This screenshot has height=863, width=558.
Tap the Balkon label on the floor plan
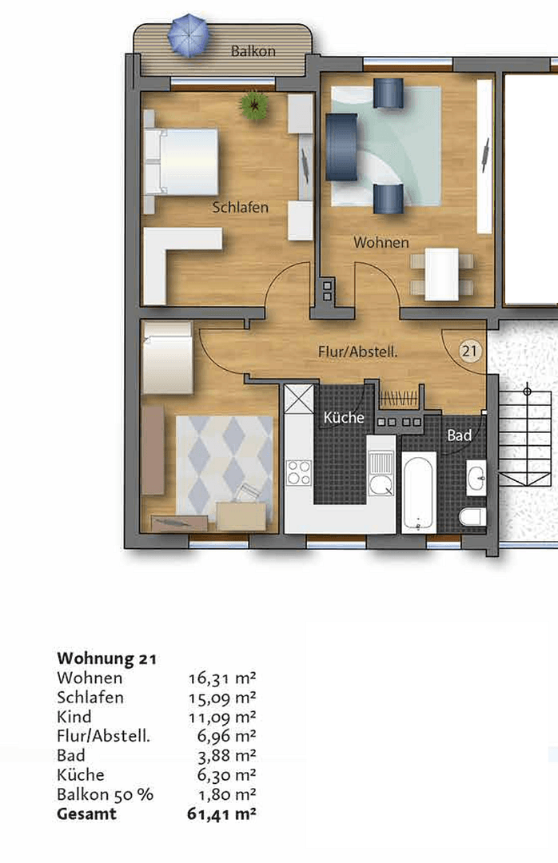pyautogui.click(x=253, y=51)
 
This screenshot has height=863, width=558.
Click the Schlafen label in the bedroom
pyautogui.click(x=240, y=207)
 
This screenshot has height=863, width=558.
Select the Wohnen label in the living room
pyautogui.click(x=381, y=242)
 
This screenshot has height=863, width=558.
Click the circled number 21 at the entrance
pyautogui.click(x=471, y=349)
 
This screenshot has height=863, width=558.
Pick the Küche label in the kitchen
pyautogui.click(x=344, y=417)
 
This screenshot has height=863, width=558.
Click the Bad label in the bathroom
pyautogui.click(x=459, y=435)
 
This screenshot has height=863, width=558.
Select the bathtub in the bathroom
pyautogui.click(x=419, y=491)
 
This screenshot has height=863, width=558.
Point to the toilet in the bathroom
pyautogui.click(x=472, y=516)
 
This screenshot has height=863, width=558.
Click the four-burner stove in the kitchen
pyautogui.click(x=299, y=472)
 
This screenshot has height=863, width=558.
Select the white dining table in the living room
pyautogui.click(x=441, y=274)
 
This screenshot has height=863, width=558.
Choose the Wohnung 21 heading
pyautogui.click(x=106, y=659)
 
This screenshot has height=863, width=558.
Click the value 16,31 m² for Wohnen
pyautogui.click(x=221, y=678)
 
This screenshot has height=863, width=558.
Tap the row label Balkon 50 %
pyautogui.click(x=105, y=795)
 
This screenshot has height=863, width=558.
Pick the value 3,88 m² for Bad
pyautogui.click(x=225, y=755)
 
